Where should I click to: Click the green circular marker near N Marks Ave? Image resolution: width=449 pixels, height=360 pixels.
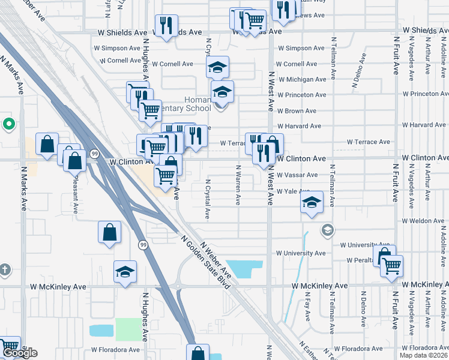pos(8,125)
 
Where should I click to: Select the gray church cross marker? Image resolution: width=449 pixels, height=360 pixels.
pos(5,269)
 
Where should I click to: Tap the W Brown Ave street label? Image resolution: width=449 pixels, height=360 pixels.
pos(296,111)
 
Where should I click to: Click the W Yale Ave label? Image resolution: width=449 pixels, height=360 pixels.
pos(292,191)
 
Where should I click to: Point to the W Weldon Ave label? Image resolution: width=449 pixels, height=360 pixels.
pos(423,221)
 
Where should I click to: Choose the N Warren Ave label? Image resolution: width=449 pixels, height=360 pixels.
pos(238,185)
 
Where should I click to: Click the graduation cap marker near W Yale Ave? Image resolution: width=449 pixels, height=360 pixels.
pos(312,203)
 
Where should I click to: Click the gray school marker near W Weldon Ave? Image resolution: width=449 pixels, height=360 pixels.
pos(327,229)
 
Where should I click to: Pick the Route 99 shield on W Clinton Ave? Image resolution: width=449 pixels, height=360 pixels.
pos(95,154)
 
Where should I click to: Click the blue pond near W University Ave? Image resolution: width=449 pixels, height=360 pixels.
pos(246,269)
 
